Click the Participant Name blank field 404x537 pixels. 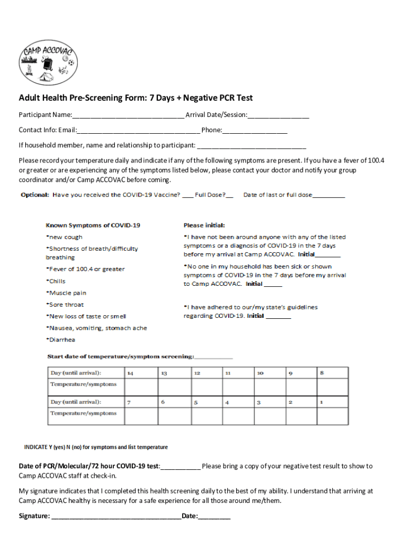click(128, 115)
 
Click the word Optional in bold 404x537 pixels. click(35, 195)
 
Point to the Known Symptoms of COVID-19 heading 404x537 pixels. click(93, 225)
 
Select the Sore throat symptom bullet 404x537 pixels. click(65, 305)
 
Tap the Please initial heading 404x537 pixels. click(204, 225)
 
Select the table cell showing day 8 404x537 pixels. click(332, 373)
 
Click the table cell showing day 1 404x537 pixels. click(332, 402)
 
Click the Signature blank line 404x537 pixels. click(116, 517)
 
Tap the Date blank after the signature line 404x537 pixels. click(214, 517)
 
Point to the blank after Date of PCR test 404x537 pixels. click(180, 466)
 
